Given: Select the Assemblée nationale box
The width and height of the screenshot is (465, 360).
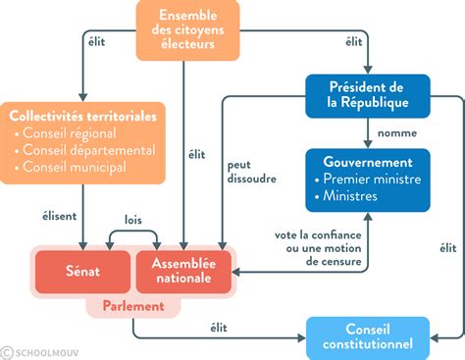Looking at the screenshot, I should click(184, 270).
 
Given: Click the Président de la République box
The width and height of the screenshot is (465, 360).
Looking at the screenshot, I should click(368, 95).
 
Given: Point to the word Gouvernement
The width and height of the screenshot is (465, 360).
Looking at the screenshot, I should click(368, 161).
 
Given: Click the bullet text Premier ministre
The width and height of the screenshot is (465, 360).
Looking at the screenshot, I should click(374, 180).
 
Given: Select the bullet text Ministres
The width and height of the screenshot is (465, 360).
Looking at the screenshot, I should click(355, 196).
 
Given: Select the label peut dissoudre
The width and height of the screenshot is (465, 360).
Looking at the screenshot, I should click(250, 172).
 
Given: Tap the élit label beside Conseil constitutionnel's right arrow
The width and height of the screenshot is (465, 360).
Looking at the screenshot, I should click(447, 248).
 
